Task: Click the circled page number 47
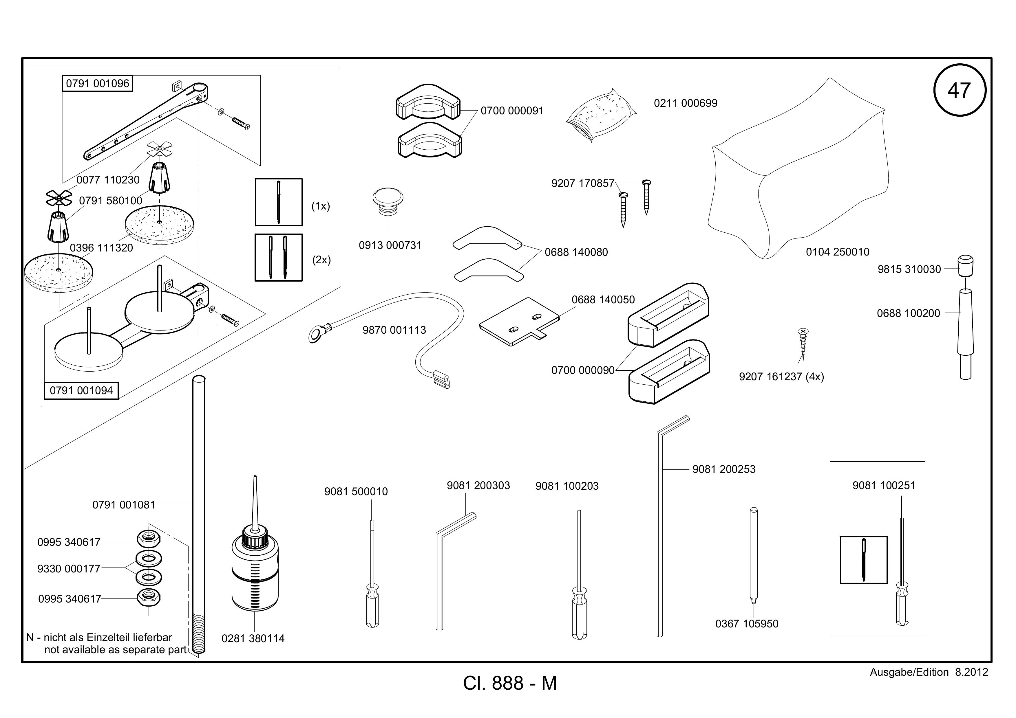pyautogui.click(x=959, y=90)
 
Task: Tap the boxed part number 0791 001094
pyautogui.click(x=81, y=390)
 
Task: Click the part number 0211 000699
pyautogui.click(x=686, y=103)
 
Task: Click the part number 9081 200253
pyautogui.click(x=724, y=469)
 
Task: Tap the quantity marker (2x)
pyautogui.click(x=322, y=260)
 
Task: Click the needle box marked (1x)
pyautogui.click(x=279, y=202)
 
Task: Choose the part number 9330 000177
pyautogui.click(x=69, y=569)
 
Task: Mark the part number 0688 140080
pyautogui.click(x=576, y=252)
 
